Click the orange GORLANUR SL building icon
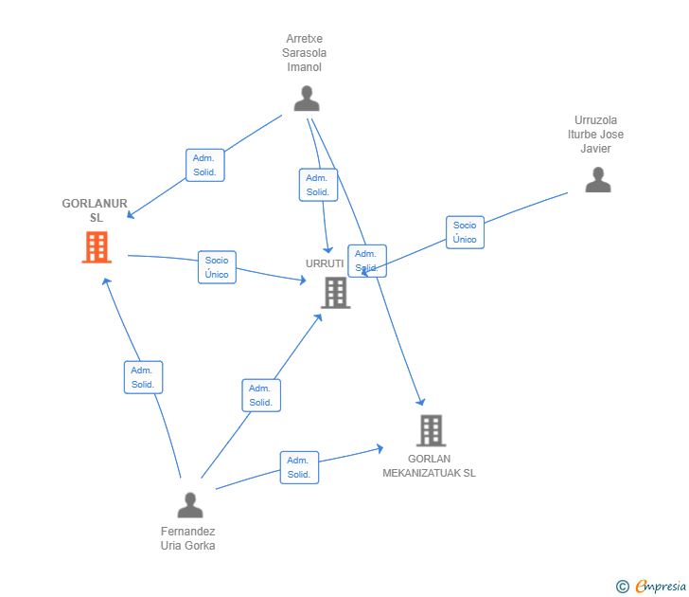[x=97, y=247]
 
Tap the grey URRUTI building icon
[x=336, y=293]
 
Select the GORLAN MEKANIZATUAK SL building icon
[x=431, y=431]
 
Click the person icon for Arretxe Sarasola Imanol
[x=307, y=99]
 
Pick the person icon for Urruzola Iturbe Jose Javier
[x=598, y=179]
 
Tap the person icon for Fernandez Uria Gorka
[x=190, y=505]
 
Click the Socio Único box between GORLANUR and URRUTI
[x=217, y=267]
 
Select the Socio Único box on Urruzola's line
[x=465, y=232]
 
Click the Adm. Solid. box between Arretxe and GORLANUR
[x=205, y=165]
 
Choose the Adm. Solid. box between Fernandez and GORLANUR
[x=143, y=377]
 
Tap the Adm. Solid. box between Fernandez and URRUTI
[x=261, y=395]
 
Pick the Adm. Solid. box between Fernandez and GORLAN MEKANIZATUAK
[x=299, y=467]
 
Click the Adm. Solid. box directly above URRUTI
[x=318, y=185]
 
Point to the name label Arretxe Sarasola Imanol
[x=304, y=53]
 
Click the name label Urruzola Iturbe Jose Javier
[x=595, y=135]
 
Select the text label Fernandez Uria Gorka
[x=187, y=538]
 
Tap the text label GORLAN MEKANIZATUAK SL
[x=429, y=466]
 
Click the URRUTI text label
[x=325, y=263]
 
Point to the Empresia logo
[x=651, y=586]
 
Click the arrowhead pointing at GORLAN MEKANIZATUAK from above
[x=421, y=402]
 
